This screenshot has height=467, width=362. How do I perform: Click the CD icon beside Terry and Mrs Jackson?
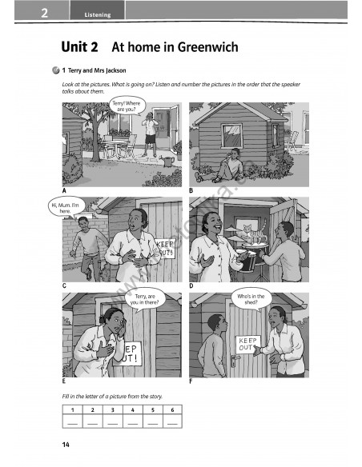pos(55,70)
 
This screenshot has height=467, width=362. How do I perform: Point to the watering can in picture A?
pos(168,161)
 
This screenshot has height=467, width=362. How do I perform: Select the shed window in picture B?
pos(231,136)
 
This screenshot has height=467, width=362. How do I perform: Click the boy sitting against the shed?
pos(220,166)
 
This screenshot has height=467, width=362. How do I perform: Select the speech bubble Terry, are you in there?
pos(145,300)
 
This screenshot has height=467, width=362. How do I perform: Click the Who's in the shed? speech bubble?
pos(251,299)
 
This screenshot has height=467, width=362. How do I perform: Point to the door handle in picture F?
pos(235,358)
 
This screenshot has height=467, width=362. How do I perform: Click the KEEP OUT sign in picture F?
pos(248,345)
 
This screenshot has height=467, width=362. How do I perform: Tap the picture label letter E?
pos(64,381)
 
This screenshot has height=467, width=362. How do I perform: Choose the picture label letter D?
pos(191,286)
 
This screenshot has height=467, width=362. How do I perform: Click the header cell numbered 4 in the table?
pos(133,409)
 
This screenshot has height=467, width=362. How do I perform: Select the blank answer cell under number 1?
pos(72,421)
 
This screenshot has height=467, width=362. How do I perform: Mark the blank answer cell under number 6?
pos(173,421)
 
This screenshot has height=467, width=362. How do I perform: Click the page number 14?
pos(66,445)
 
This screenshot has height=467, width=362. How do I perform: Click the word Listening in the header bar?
pos(98,15)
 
